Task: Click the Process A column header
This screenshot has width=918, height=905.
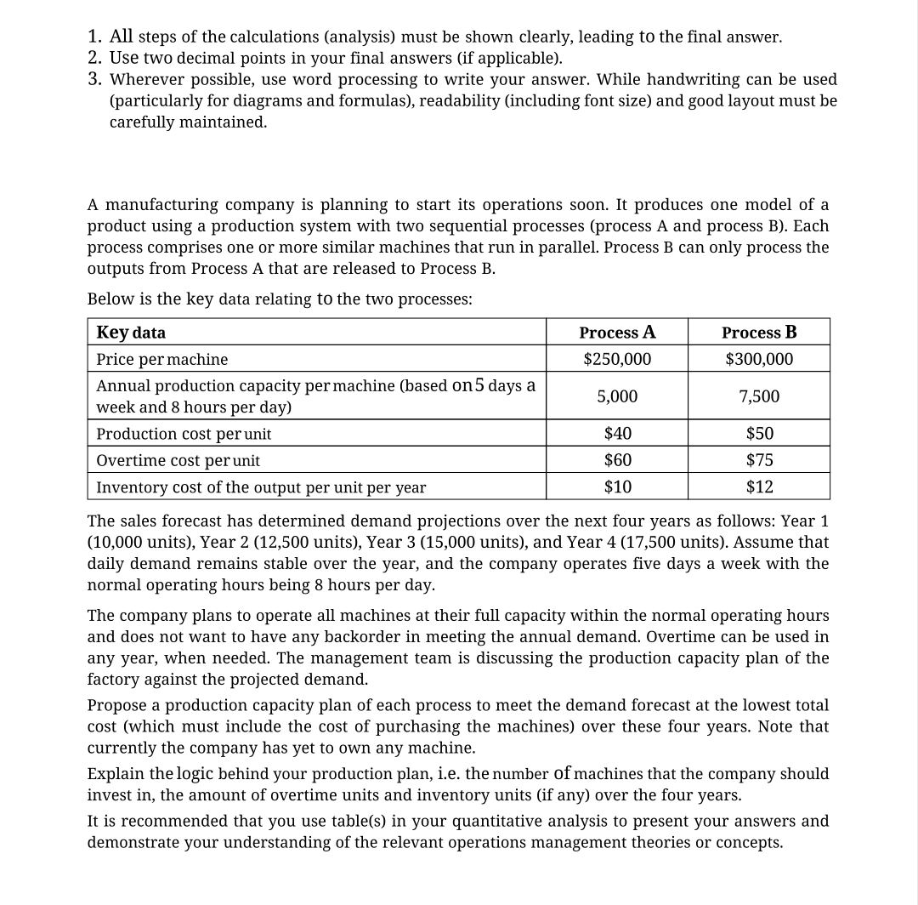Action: (617, 332)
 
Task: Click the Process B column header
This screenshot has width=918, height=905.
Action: (759, 332)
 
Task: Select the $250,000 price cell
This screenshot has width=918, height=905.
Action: (617, 359)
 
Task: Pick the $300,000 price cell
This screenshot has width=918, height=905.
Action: (759, 359)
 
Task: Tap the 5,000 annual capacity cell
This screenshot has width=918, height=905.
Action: (617, 396)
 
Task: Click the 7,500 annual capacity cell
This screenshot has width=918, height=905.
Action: (759, 396)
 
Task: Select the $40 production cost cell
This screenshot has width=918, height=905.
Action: (617, 433)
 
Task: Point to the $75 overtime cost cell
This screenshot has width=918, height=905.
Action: (759, 460)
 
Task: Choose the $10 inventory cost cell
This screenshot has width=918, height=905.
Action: (617, 487)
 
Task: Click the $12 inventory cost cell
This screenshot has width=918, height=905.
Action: (759, 487)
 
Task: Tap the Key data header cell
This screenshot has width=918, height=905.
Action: (132, 332)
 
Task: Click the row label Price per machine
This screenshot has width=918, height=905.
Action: (162, 359)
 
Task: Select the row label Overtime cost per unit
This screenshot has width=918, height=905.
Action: (178, 460)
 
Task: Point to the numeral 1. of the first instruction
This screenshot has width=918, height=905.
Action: (95, 37)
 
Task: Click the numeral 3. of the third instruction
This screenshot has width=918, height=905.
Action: (95, 79)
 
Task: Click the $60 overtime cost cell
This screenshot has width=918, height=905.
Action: (617, 460)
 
